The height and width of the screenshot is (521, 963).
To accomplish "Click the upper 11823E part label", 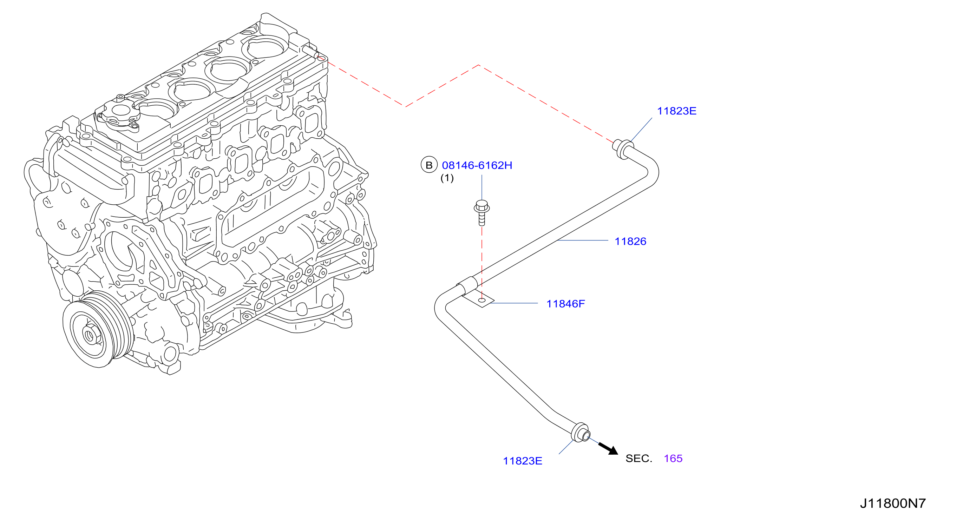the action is pos(676,111).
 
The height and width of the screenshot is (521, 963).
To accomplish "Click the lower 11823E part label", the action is pos(522,461).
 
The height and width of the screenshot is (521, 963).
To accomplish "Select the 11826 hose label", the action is pos(630,242).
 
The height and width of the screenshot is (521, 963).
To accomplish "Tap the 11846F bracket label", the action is pos(565,304).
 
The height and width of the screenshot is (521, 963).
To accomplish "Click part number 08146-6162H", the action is pos(477,165).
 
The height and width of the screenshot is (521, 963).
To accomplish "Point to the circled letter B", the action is pos(429,165).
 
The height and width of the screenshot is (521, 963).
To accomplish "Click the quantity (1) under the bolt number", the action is pos(447,178).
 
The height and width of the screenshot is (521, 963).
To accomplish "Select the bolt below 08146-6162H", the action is pos(482,213).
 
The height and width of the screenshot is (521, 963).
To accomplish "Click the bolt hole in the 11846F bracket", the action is pos(482,300).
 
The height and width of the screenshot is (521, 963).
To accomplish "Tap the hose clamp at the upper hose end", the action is pos(622,149).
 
